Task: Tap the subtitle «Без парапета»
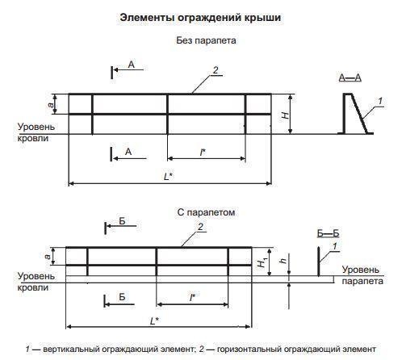pos(206,40)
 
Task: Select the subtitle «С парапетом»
pos(206,212)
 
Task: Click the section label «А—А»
pos(349,77)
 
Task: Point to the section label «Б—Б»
pos(328,233)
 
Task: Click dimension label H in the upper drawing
pos(285,115)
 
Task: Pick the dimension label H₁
pos(262,262)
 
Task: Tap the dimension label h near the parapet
pos(283,261)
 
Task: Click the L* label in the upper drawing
pos(169,177)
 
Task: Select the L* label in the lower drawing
pos(154,320)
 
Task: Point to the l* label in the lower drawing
pos(193,297)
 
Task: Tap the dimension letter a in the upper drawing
pos(51,104)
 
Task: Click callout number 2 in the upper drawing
pos(216,70)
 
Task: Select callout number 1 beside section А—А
pos(380,101)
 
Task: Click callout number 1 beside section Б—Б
pos(335,246)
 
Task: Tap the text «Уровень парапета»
pos(362,275)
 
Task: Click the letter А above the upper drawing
pos(132,65)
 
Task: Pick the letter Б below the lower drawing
pos(122,297)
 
